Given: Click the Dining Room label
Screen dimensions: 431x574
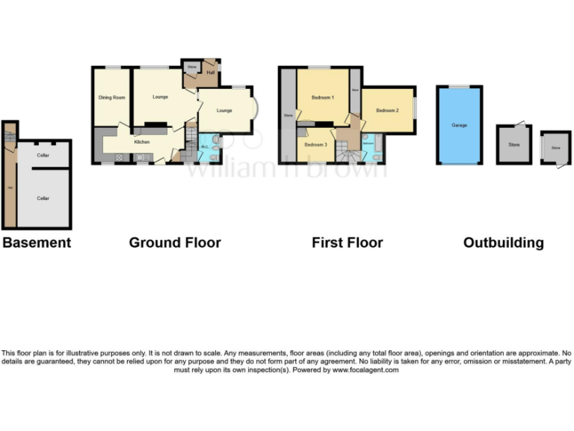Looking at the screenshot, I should [x=111, y=97].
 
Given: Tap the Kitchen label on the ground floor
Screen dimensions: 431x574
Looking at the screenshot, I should [x=143, y=141].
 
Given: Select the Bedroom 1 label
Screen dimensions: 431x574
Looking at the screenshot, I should [x=323, y=97].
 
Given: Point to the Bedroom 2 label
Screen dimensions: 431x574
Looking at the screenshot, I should [x=387, y=111].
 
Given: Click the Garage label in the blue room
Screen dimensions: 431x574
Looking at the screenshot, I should [x=459, y=125].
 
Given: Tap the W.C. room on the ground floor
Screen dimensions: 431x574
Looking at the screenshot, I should [x=204, y=147].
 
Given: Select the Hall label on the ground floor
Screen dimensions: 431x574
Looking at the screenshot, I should [x=210, y=73].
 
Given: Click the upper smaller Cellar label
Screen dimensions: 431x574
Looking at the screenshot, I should [x=43, y=155].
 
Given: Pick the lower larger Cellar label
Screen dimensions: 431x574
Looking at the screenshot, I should [x=43, y=198].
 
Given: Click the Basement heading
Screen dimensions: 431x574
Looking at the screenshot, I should [x=37, y=242].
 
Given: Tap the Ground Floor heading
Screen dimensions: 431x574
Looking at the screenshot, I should [x=175, y=242].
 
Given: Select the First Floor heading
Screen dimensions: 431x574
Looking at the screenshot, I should [x=347, y=242].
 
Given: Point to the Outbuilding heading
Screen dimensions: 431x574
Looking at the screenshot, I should [x=503, y=242].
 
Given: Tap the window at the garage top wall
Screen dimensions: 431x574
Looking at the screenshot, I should [x=459, y=87].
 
